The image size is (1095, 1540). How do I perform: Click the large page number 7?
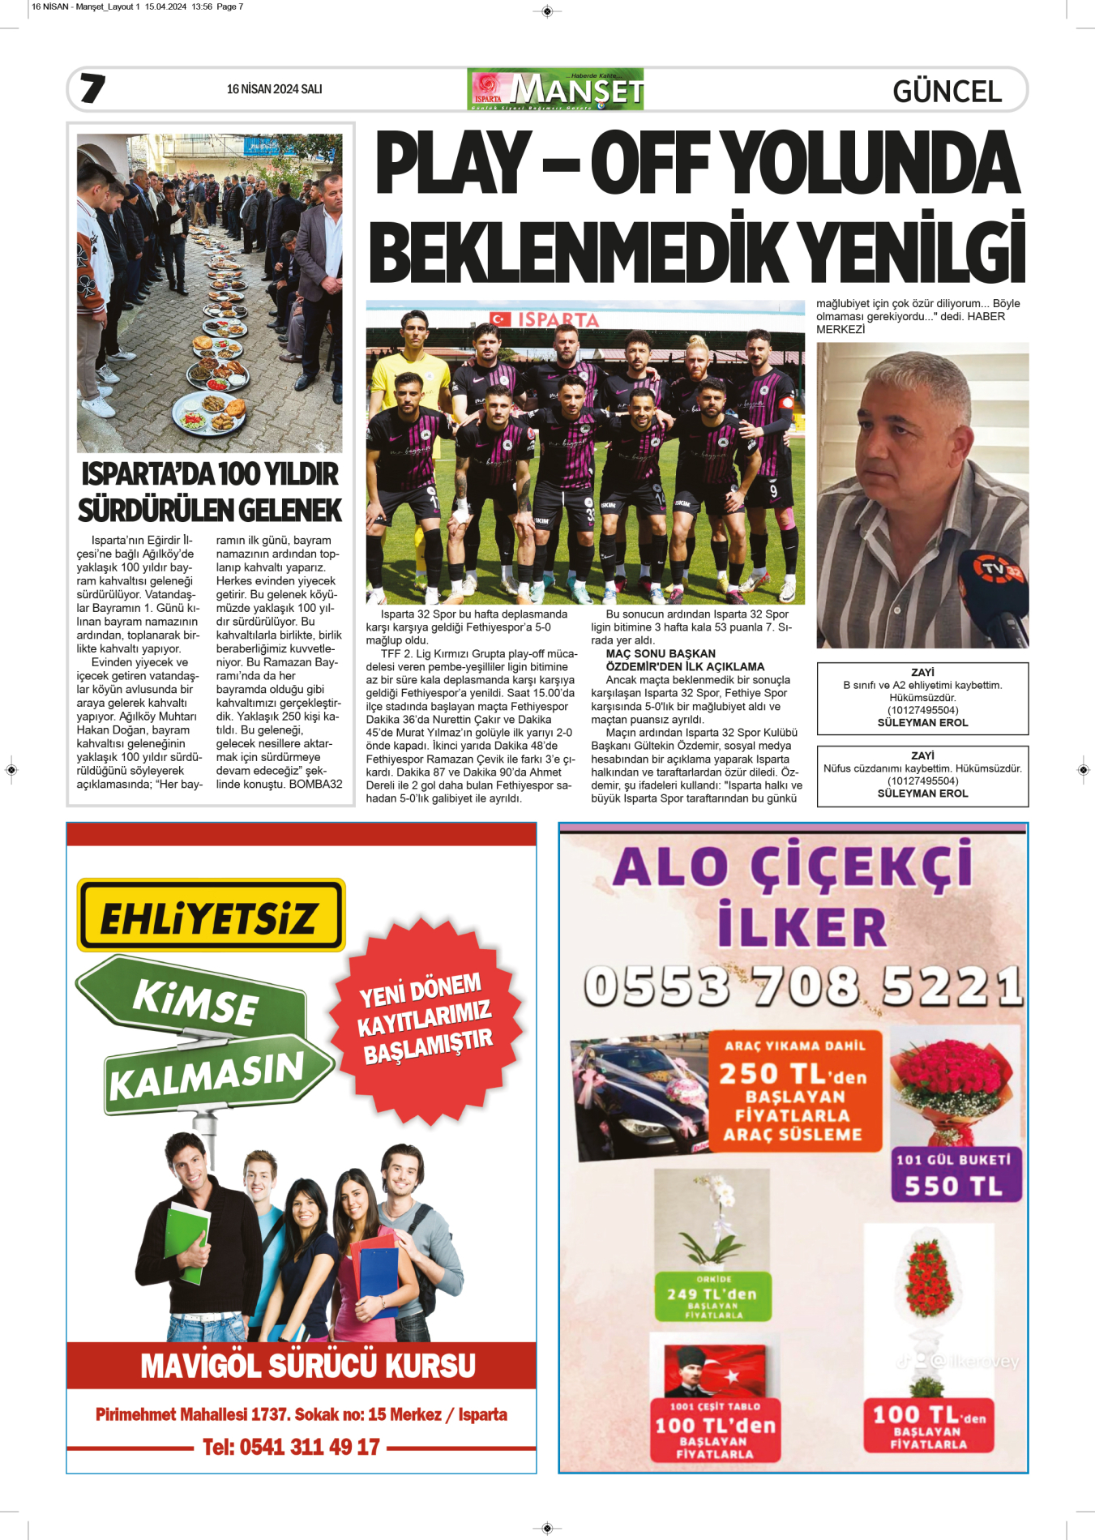coord(92,88)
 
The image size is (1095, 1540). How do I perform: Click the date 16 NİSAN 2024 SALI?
coord(274,89)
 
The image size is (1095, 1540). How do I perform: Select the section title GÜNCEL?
coord(947,92)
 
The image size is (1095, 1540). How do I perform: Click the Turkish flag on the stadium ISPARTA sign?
coord(500,319)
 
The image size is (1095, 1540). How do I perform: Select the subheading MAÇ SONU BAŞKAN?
coord(661,653)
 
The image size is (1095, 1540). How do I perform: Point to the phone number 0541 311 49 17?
coord(291,1447)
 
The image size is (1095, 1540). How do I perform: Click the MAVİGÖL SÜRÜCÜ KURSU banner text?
coord(308,1365)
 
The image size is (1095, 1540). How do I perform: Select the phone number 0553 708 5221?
coord(802,986)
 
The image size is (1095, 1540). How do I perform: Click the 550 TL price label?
coord(954,1186)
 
